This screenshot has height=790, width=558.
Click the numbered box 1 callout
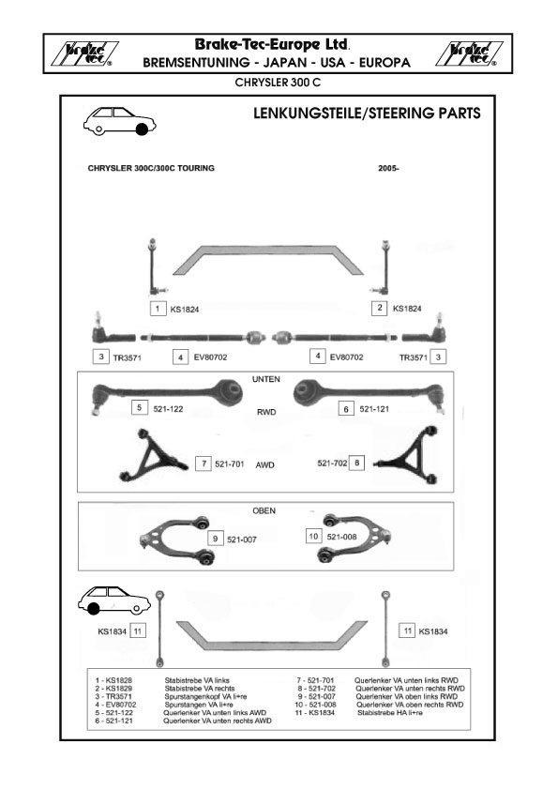tap(158, 309)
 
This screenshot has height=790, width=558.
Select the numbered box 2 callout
tap(380, 308)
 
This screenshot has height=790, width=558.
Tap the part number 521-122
tap(168, 409)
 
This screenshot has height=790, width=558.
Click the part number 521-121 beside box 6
tap(374, 409)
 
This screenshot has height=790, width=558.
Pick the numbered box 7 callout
tap(204, 463)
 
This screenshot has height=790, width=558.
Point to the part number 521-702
tap(332, 463)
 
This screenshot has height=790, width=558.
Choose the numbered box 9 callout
tap(215, 539)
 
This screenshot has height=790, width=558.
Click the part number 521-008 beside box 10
tap(341, 537)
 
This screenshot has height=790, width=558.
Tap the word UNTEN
tap(266, 379)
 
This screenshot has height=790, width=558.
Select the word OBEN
tap(264, 511)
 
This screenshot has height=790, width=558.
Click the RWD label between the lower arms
tap(266, 412)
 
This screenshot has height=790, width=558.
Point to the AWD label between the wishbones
tap(264, 465)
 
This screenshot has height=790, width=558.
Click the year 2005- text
tap(388, 168)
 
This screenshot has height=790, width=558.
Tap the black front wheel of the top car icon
tap(142, 129)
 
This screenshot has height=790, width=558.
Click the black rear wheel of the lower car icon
tap(93, 609)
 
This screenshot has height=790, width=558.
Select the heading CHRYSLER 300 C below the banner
tap(278, 83)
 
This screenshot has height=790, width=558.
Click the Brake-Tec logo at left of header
tap(84, 53)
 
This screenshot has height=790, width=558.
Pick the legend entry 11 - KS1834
tap(315, 713)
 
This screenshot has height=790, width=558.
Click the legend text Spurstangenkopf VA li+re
tap(205, 697)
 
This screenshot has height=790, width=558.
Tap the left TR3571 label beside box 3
tap(127, 358)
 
